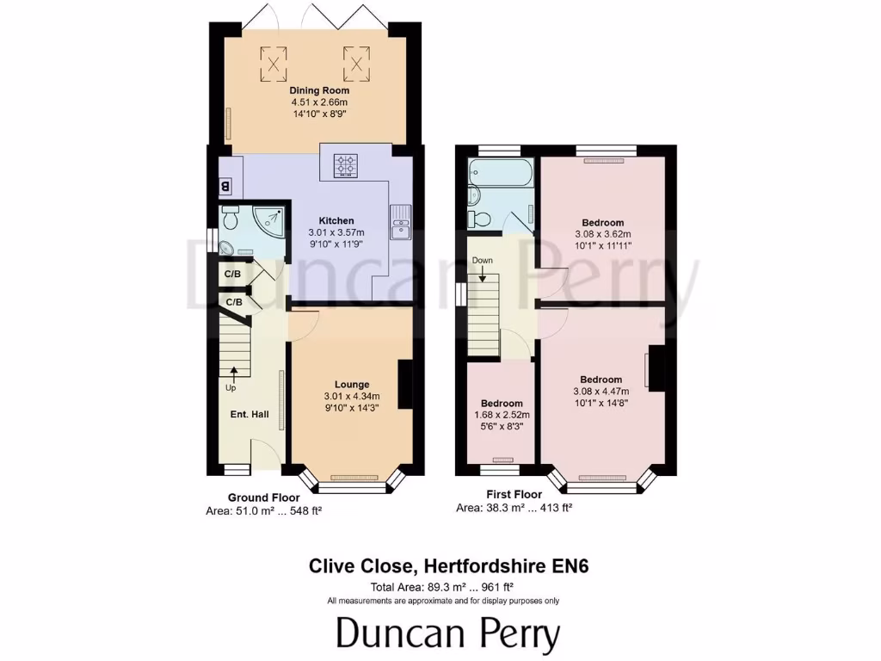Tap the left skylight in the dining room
[x=274, y=61]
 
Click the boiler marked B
[x=225, y=185]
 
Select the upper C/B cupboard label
[x=232, y=275]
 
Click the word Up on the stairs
[x=231, y=388]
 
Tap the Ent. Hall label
[x=250, y=415]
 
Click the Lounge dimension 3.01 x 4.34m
[x=352, y=396]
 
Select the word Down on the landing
[x=483, y=260]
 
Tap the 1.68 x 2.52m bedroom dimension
[x=502, y=415]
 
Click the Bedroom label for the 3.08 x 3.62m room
[x=602, y=223]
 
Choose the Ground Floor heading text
[x=263, y=497]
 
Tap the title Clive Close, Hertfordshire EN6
[x=448, y=566]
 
